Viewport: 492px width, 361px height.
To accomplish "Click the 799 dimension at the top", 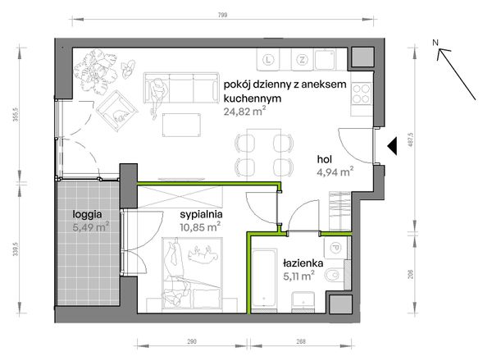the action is [x=222, y=15].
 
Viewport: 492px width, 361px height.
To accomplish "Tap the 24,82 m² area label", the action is [x=244, y=112].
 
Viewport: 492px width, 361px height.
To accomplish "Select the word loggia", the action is [x=87, y=215].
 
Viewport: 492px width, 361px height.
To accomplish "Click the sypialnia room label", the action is [x=201, y=215].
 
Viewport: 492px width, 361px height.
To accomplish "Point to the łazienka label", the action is [x=303, y=263].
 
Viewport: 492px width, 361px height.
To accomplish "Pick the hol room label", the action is [x=325, y=159].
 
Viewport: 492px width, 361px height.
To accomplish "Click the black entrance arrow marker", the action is [x=392, y=146].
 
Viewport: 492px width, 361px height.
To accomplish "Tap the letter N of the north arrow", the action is [x=435, y=43].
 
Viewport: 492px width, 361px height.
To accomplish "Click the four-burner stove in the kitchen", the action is [x=361, y=94].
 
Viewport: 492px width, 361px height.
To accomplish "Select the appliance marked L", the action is [x=268, y=60].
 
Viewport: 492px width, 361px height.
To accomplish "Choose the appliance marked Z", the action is [x=302, y=60].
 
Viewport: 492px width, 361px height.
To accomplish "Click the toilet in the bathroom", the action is [x=334, y=276].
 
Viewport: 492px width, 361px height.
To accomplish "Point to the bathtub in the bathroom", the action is [x=265, y=281].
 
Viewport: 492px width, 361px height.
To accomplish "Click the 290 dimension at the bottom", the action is [x=192, y=341].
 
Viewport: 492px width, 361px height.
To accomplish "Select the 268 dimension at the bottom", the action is [x=301, y=341].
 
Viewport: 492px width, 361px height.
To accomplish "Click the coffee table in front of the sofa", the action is [x=182, y=125].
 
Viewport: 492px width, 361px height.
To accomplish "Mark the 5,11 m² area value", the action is [x=298, y=276].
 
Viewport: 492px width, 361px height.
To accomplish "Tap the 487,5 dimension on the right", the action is [x=412, y=140].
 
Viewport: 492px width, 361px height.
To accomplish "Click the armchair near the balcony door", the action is [x=117, y=111].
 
